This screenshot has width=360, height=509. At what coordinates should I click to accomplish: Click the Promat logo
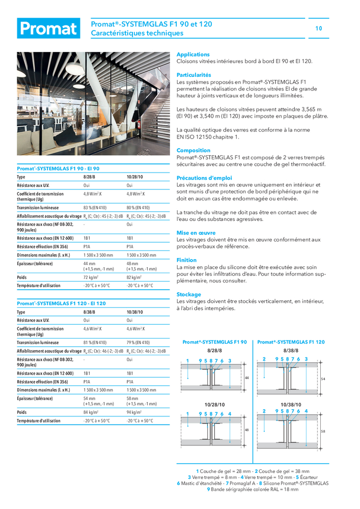[x=48, y=29]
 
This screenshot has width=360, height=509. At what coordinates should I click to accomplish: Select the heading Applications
[x=193, y=54]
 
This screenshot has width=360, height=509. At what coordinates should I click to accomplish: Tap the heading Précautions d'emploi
[x=204, y=178]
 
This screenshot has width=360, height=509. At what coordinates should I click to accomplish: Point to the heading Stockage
[x=189, y=295]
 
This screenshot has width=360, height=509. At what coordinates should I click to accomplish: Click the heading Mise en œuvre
[x=196, y=233]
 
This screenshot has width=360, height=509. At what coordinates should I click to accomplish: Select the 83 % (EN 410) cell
[x=95, y=208]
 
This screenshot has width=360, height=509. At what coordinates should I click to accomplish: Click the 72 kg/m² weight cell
[x=91, y=277]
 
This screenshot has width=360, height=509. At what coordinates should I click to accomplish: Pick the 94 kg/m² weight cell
[x=134, y=412]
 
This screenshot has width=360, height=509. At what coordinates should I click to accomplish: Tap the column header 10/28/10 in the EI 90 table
[x=135, y=177]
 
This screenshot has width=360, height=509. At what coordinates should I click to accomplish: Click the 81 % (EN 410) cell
[x=95, y=343]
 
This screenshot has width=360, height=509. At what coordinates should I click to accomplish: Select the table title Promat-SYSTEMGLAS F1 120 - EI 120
[x=61, y=303]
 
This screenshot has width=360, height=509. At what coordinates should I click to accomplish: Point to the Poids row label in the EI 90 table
[x=22, y=277]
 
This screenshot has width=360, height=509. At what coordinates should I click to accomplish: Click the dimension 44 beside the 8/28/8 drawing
[x=246, y=378]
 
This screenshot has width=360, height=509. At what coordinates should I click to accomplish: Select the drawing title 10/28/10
[x=214, y=404]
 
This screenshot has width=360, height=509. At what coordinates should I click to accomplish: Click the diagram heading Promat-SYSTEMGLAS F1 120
[x=291, y=343]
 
